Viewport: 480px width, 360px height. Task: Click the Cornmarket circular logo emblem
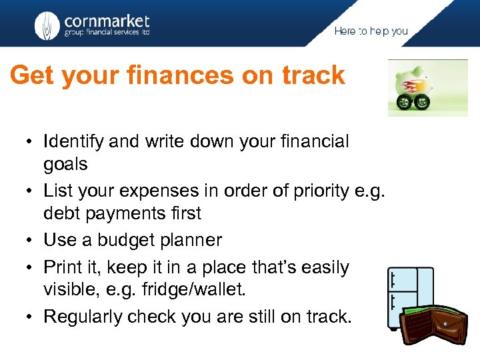click(x=47, y=25)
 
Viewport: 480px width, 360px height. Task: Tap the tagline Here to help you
click(x=371, y=31)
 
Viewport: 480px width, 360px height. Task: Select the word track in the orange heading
click(x=313, y=75)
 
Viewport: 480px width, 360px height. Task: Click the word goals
click(x=65, y=165)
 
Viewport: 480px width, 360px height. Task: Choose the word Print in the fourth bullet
click(x=61, y=267)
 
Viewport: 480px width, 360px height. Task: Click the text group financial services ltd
click(x=107, y=33)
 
